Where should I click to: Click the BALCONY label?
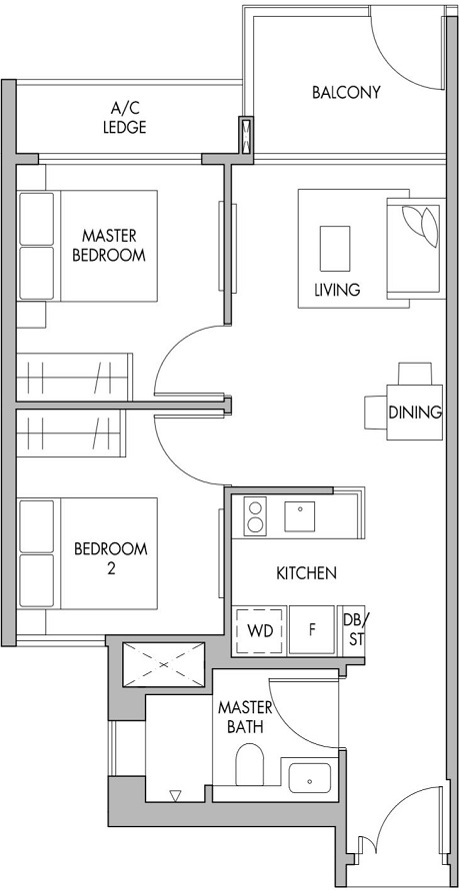point(346,93)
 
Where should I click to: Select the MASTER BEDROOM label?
point(109,245)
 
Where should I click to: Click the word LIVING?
point(337,291)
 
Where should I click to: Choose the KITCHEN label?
point(306,573)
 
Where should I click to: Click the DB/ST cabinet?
point(353,630)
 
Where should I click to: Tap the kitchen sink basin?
point(300,515)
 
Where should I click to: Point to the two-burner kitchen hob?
point(256,516)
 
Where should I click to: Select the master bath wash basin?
point(311,778)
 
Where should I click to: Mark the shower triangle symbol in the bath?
point(175,796)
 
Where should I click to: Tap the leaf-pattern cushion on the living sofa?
point(418,225)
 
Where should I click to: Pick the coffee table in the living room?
point(334,244)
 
